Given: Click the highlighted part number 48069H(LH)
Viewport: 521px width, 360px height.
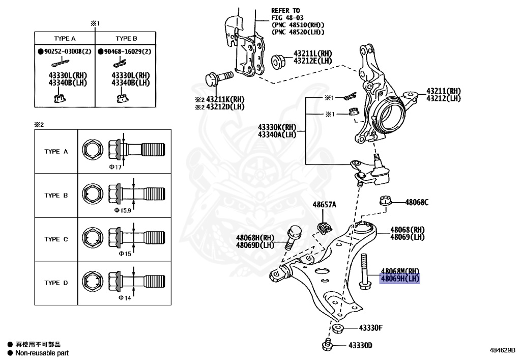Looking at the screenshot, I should [400, 279].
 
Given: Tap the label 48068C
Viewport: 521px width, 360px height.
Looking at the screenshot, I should [417, 202].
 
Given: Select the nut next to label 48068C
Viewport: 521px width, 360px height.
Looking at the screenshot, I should [386, 201].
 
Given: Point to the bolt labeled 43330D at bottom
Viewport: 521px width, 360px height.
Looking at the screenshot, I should [328, 346].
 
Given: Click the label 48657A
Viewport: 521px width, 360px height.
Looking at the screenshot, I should [324, 205].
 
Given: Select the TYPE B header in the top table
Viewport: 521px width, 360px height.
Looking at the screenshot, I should [126, 39].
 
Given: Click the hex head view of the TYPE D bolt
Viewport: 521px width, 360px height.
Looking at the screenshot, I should [91, 283].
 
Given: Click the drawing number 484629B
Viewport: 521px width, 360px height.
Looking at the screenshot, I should [502, 350].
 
